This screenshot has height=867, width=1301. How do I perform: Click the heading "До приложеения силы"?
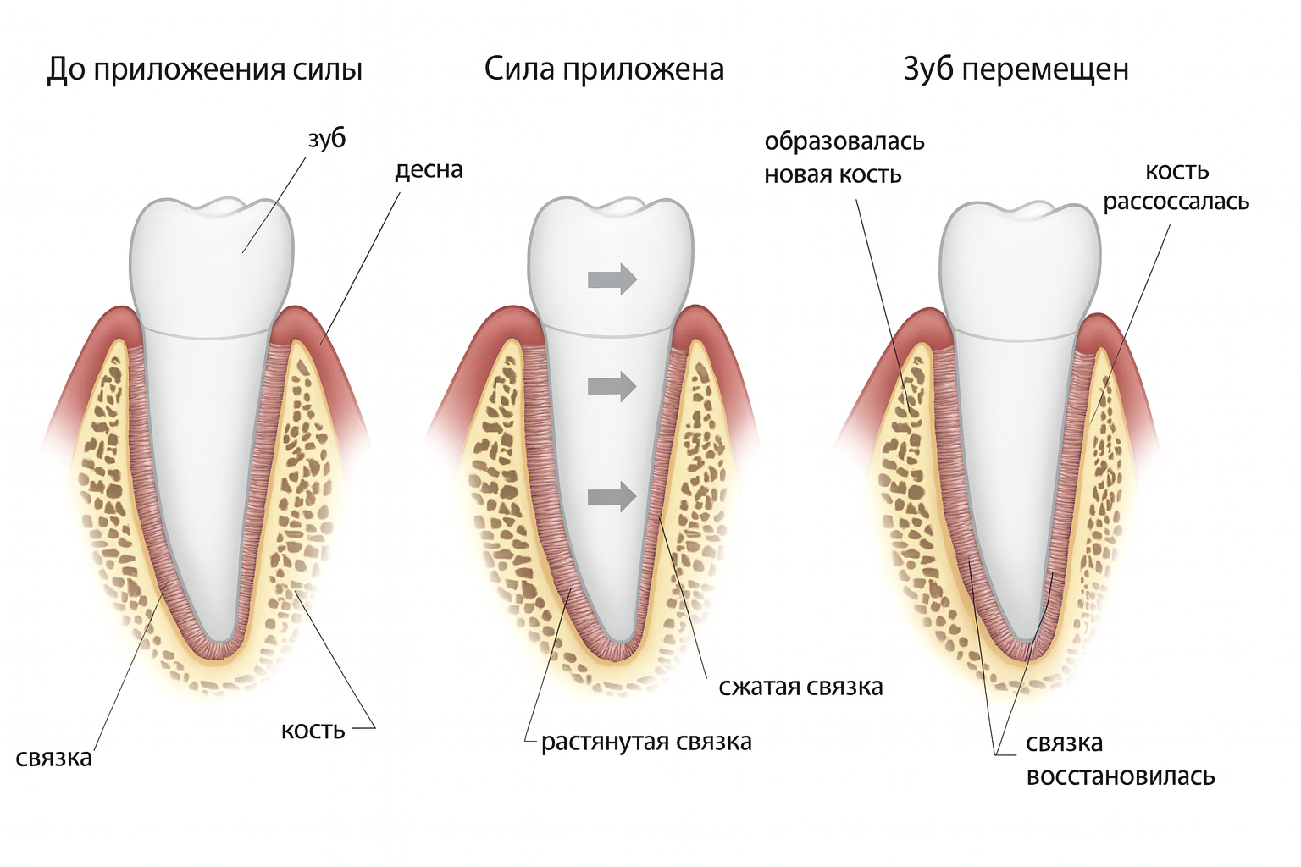pyautogui.click(x=204, y=69)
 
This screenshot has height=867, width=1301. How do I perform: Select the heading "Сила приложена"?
pyautogui.click(x=604, y=69)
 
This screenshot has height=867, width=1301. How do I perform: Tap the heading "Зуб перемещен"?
pyautogui.click(x=1016, y=69)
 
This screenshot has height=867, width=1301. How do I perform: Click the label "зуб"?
pyautogui.click(x=326, y=138)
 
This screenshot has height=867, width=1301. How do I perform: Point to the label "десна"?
pyautogui.click(x=429, y=169)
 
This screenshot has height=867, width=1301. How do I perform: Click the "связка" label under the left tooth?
pyautogui.click(x=54, y=757)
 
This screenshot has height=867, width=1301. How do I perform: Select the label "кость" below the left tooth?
pyautogui.click(x=313, y=729)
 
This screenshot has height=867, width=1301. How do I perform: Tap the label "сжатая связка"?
pyautogui.click(x=800, y=686)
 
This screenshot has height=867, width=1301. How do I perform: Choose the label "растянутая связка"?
pyautogui.click(x=646, y=742)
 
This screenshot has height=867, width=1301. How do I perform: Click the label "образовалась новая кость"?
pyautogui.click(x=844, y=157)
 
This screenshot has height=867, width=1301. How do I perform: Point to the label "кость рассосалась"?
pyautogui.click(x=1176, y=186)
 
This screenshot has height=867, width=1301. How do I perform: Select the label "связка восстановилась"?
pyautogui.click(x=1120, y=759)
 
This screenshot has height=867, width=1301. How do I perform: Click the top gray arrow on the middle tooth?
pyautogui.click(x=612, y=278)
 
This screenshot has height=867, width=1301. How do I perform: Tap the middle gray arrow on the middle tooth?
pyautogui.click(x=612, y=386)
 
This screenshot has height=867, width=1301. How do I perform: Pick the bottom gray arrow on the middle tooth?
pyautogui.click(x=612, y=495)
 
